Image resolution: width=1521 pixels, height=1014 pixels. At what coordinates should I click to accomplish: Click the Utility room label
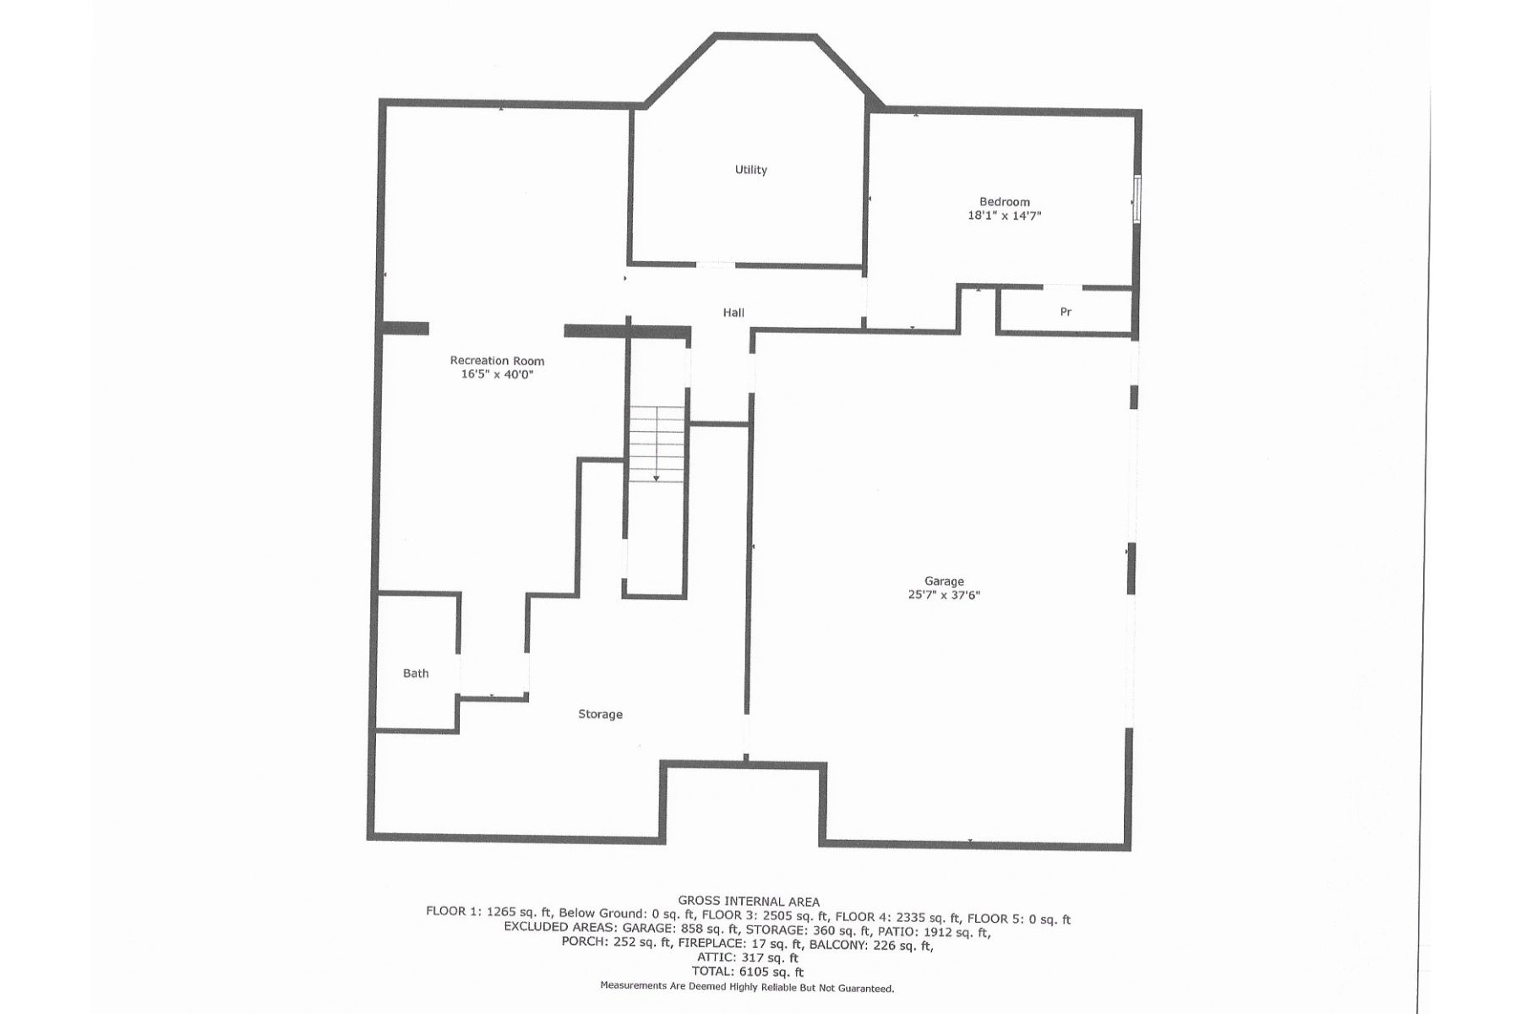(x=750, y=170)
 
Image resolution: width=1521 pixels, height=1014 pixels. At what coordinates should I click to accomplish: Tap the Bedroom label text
(x=1004, y=202)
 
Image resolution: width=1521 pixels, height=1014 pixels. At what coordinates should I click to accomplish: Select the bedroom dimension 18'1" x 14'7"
(x=1004, y=215)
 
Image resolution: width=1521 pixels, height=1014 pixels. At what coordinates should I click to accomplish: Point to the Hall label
(x=733, y=313)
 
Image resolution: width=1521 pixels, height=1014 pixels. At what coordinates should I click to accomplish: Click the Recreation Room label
(x=497, y=361)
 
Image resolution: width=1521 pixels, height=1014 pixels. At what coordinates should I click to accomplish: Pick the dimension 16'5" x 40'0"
(x=497, y=374)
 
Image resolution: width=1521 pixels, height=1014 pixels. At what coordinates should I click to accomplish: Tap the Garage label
(x=944, y=581)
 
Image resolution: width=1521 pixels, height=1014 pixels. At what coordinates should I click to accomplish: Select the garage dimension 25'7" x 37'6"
(x=944, y=595)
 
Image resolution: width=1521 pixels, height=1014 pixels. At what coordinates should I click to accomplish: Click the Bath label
(x=416, y=673)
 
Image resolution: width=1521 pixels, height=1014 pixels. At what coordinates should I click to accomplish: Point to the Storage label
(x=600, y=714)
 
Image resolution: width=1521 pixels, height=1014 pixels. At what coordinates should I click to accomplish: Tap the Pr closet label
(x=1066, y=312)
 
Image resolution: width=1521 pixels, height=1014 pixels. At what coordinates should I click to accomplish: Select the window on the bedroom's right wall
(x=1137, y=200)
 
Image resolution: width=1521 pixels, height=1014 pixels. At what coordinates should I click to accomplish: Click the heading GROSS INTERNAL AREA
(x=749, y=902)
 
